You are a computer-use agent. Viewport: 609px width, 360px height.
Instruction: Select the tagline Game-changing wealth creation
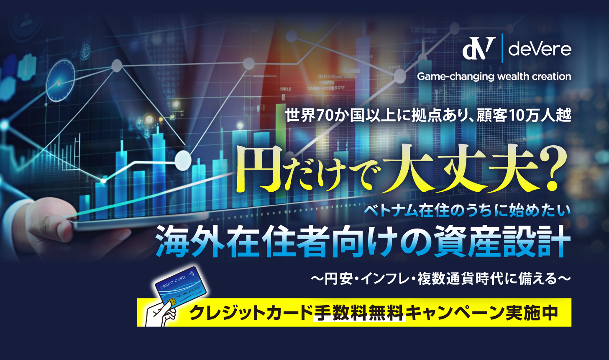pos(494,77)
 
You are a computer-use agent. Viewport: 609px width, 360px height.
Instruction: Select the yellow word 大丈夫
pos(459,169)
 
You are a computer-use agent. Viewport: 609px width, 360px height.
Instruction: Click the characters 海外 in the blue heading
pos(190,242)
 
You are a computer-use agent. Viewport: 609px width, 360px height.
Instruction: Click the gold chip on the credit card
pos(171,302)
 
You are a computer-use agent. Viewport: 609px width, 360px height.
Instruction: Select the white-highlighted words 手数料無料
pos(359,313)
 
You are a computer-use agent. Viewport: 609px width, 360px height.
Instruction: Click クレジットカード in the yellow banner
pos(251,313)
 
